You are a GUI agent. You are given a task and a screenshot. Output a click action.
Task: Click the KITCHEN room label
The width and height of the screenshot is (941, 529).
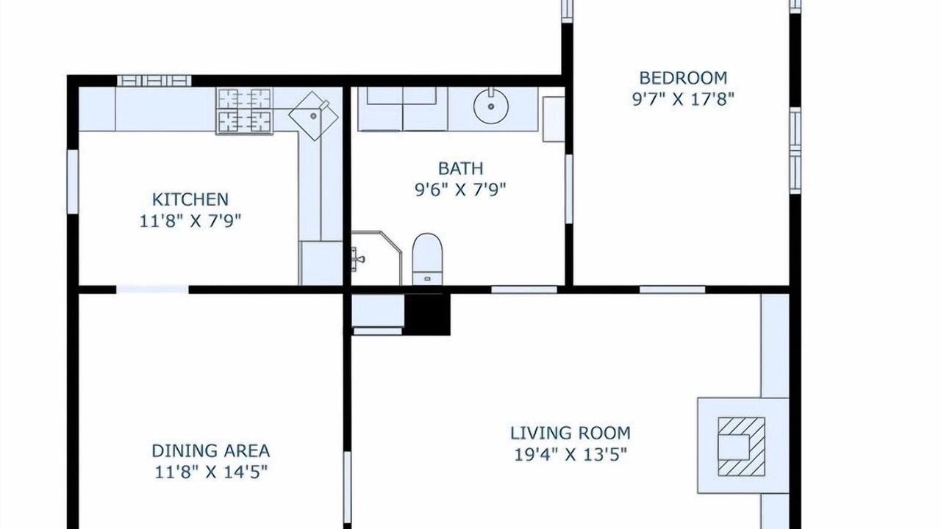pos(190,199)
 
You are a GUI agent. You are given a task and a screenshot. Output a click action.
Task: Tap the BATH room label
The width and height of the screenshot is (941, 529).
pos(461,168)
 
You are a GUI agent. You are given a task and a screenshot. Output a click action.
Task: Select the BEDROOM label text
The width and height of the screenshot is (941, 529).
pos(683,78)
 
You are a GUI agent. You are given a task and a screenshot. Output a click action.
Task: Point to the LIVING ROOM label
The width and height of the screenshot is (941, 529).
pos(570,433)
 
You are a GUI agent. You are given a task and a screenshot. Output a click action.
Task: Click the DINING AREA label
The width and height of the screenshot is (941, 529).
pos(211,451)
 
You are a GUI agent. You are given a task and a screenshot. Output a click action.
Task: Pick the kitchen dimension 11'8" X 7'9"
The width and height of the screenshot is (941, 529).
pos(190,221)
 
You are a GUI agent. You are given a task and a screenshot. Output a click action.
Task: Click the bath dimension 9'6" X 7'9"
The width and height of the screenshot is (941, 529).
pos(460,190)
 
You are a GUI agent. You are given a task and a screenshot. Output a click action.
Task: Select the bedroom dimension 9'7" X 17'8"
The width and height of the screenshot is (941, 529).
pos(683,99)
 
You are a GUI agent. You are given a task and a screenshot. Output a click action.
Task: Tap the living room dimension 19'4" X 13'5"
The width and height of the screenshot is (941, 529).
pos(570,454)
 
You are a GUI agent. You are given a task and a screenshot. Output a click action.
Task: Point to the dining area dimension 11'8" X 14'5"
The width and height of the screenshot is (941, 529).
pos(211,472)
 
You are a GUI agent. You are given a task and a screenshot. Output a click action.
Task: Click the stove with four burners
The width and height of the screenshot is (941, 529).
pos(244,111)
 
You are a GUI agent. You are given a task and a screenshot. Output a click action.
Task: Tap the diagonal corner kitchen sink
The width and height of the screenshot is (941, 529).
pos(313,116)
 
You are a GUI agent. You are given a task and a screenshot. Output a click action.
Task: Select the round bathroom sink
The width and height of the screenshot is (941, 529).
pos(491,107)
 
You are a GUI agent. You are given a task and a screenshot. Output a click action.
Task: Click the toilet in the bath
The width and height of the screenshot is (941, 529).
pos(428,259)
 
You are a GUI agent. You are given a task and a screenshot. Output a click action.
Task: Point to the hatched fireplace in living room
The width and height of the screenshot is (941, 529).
pos(741,447)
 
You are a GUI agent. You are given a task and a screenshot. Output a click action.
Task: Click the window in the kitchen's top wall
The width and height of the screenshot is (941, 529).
pos(154,81)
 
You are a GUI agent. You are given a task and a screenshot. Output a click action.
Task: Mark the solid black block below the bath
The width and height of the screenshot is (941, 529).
pos(427,314)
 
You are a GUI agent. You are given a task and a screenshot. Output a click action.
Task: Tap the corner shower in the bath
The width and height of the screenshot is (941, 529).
pos(376,258)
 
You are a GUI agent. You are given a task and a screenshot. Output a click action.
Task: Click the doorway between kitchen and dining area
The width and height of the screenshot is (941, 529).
pos(152,289)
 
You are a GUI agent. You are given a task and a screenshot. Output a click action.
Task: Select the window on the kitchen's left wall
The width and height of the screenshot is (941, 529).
pos(73,181)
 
